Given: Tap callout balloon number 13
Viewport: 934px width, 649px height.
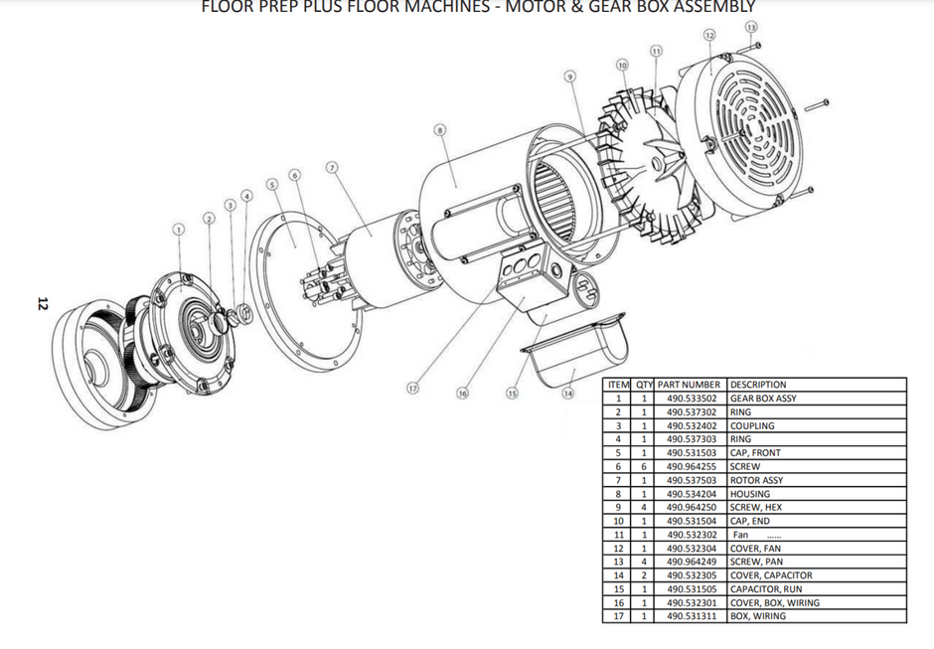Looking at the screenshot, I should [x=750, y=26].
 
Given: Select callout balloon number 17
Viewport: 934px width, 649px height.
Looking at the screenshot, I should [x=412, y=389].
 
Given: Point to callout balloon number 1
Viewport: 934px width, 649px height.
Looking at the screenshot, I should [x=178, y=229].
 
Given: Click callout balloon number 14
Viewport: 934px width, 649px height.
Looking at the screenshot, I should [x=568, y=393].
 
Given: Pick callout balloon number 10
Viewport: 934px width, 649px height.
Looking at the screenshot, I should [x=622, y=65].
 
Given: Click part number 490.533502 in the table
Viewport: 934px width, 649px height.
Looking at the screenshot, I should [x=694, y=399].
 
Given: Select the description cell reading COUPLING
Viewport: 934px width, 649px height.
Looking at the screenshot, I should [x=752, y=425].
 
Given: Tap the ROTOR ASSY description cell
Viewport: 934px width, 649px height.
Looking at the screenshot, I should [x=756, y=480].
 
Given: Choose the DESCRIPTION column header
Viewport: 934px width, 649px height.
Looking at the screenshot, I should [x=757, y=385].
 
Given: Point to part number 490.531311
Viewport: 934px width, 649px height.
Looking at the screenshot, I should [x=694, y=616].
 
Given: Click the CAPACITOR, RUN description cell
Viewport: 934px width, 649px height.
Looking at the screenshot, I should [x=766, y=588].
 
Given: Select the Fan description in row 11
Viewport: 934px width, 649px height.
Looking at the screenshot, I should [x=741, y=535].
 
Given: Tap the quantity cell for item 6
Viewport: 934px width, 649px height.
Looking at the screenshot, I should [x=644, y=466].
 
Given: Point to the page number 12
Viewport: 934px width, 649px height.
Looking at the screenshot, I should [x=43, y=303].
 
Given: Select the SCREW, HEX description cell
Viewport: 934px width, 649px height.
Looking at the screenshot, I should [x=758, y=507].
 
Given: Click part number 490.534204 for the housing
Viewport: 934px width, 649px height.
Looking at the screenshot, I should [x=694, y=493].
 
